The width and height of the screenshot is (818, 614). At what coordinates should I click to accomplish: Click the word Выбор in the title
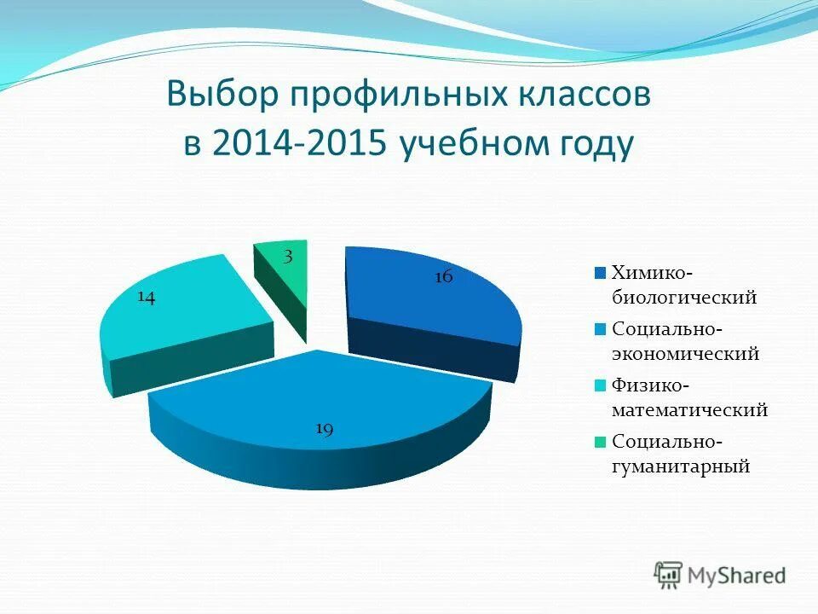tap(223, 95)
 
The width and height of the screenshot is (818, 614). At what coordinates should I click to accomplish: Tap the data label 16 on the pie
tap(443, 276)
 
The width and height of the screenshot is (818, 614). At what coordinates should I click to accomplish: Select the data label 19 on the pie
tap(324, 429)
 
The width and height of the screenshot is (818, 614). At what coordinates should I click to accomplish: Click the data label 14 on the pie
tap(146, 297)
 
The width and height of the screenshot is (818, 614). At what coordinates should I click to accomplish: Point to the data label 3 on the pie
tap(290, 258)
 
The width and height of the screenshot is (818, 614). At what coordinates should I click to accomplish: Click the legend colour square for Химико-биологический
tap(600, 273)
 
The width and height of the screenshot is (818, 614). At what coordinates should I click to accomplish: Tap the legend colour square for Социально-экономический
tap(600, 329)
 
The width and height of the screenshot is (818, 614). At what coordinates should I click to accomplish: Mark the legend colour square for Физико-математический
tap(600, 385)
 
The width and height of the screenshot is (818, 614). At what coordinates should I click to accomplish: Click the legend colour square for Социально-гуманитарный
tap(600, 442)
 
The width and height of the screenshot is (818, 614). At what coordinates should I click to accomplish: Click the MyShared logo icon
tap(669, 575)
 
